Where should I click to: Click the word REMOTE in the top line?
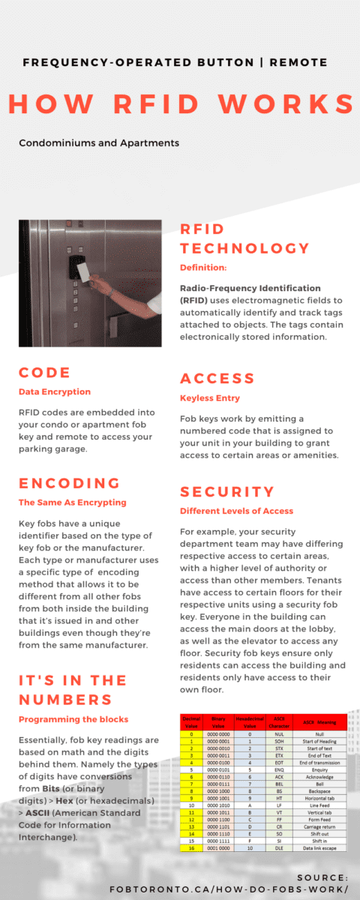point(296,62)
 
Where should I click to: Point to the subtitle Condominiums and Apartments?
point(99,142)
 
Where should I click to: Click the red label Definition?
point(203,268)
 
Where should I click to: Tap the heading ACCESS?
point(217,379)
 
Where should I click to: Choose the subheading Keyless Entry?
point(209,397)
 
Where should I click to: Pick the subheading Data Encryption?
point(55,391)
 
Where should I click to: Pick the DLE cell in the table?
point(279,847)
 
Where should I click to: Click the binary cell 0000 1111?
point(218,840)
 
